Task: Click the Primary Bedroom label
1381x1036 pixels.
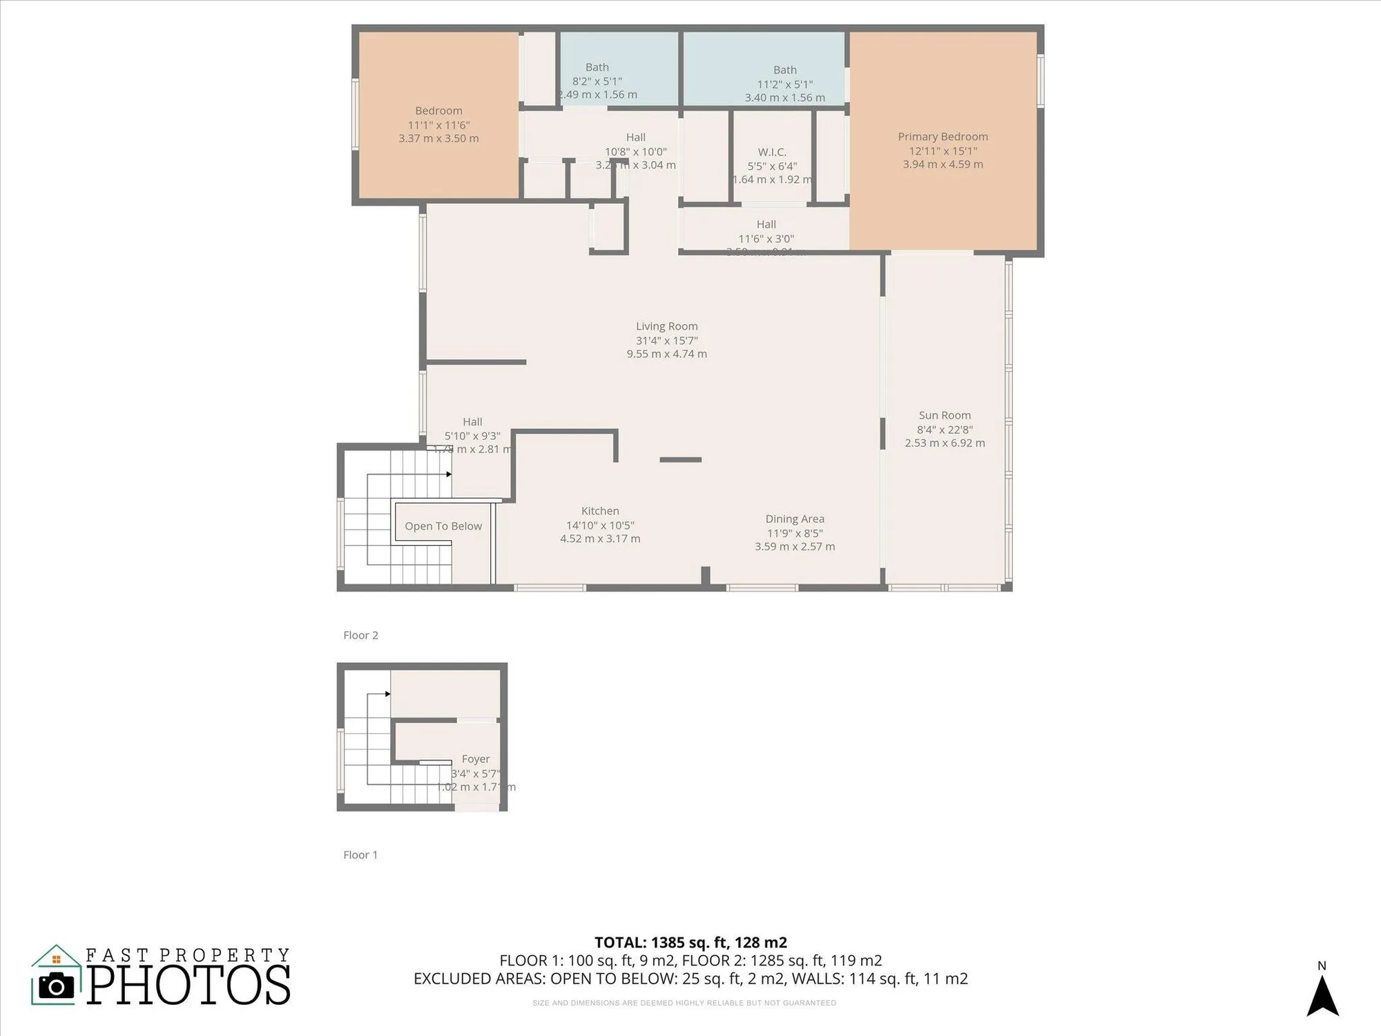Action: (x=943, y=137)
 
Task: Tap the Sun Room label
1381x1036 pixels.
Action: (x=945, y=415)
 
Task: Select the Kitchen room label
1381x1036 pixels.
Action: (x=600, y=511)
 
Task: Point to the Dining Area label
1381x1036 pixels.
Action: (x=795, y=519)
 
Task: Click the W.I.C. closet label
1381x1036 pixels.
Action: (x=772, y=152)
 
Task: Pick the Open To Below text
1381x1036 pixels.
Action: (x=443, y=526)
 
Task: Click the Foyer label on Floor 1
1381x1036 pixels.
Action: (x=476, y=759)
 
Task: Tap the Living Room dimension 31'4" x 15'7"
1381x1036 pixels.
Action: (x=666, y=340)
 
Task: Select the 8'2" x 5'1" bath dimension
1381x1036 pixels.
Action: (x=597, y=81)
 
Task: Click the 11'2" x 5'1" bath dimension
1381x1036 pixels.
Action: (x=785, y=84)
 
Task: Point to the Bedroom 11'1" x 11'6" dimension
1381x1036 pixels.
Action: (x=438, y=125)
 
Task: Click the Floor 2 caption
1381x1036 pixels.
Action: (x=360, y=635)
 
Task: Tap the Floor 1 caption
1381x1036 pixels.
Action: (x=360, y=855)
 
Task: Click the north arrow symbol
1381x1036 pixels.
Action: (x=1322, y=996)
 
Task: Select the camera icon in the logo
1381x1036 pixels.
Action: (x=57, y=986)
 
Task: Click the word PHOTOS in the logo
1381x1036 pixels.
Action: (x=189, y=986)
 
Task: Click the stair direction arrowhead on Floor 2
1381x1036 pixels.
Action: (x=449, y=474)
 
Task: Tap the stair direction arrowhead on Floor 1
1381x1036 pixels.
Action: (x=388, y=694)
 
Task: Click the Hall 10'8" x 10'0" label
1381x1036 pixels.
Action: (x=635, y=137)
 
